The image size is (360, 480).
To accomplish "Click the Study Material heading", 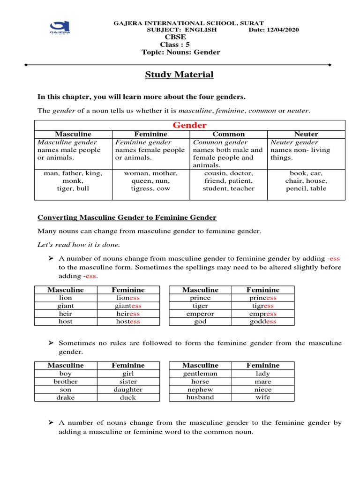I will click(179, 75).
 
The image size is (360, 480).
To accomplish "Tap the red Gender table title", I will click(190, 125).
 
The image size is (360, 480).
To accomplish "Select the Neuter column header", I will click(307, 134).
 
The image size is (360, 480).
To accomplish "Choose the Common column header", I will click(229, 134).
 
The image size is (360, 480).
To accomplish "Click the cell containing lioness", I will click(128, 298).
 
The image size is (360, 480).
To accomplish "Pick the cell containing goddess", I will click(263, 322).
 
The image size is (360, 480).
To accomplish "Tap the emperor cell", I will click(200, 314).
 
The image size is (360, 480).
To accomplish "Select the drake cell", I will click(66, 397).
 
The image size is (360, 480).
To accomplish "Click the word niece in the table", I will click(263, 390).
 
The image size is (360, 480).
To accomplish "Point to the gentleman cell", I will click(200, 374).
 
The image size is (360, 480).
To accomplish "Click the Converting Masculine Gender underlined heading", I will click(127, 217).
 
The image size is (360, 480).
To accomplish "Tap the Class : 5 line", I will click(175, 45).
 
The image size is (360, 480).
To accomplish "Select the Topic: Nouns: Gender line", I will click(180, 52).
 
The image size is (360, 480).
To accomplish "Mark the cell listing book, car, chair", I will click(307, 181).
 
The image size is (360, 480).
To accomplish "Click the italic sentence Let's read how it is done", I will click(78, 245).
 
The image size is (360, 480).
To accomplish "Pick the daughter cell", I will click(128, 390).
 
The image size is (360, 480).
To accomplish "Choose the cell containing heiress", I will click(128, 314).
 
